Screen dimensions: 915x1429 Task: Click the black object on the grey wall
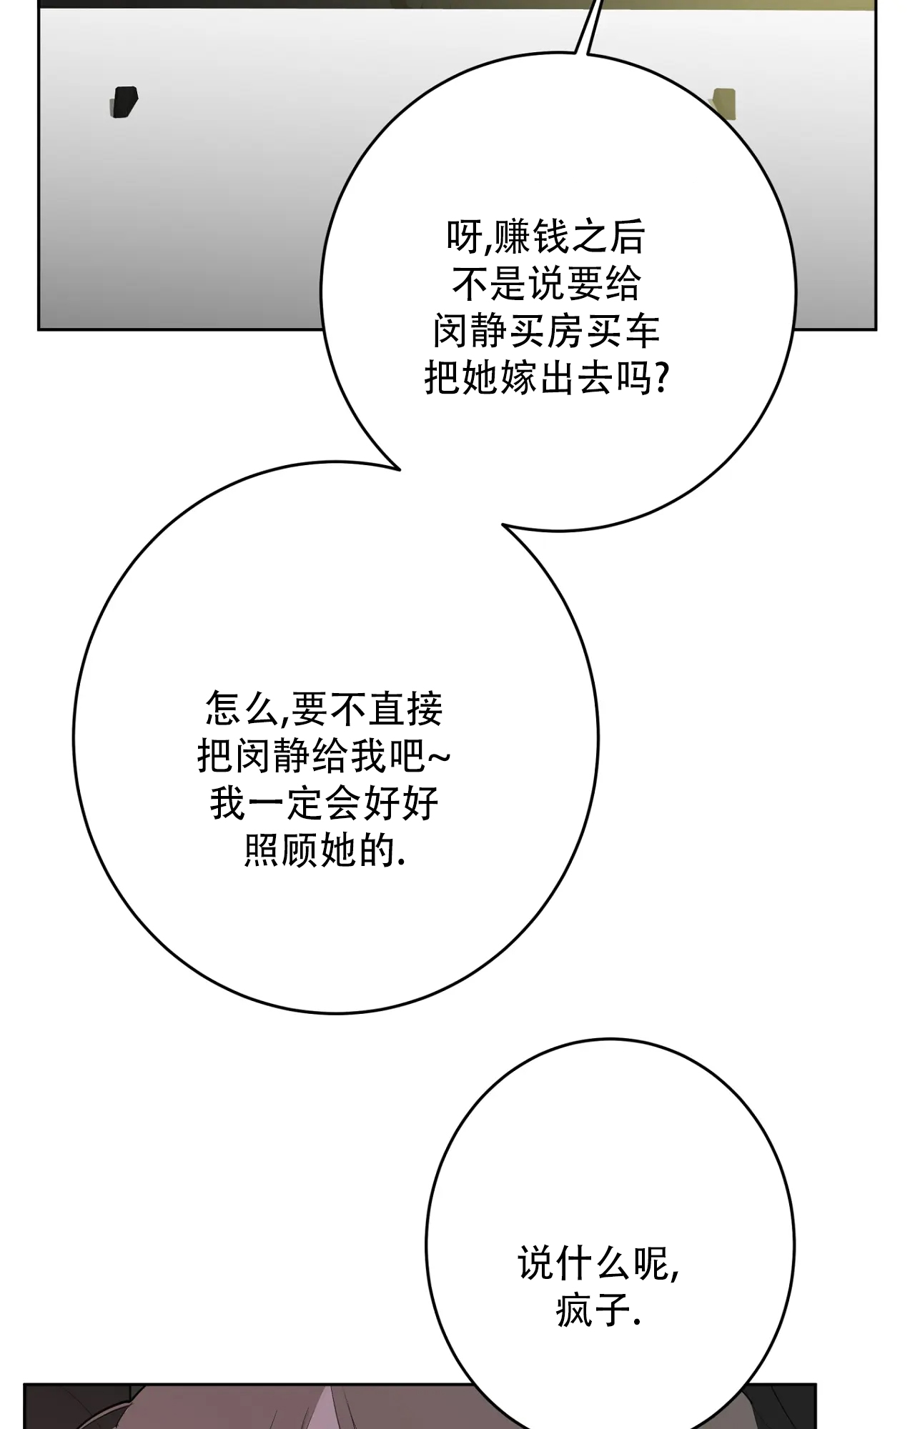(x=123, y=102)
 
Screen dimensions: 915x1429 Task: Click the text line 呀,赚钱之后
(x=546, y=238)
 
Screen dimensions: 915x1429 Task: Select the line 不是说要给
(x=546, y=284)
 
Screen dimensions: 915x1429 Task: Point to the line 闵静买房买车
(x=546, y=332)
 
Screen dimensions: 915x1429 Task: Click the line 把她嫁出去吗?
(x=547, y=378)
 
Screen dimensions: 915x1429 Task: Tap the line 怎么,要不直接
(x=324, y=709)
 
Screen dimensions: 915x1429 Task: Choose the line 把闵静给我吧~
(x=324, y=755)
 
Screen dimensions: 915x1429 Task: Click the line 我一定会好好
(x=324, y=802)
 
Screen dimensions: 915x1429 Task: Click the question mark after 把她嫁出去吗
(x=662, y=378)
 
